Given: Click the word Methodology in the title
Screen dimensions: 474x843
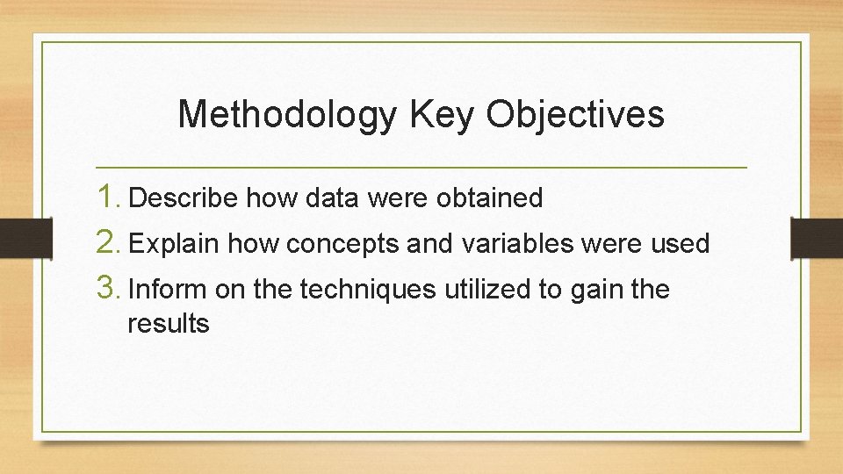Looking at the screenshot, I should [286, 115].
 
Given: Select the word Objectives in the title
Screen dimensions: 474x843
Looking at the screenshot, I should [577, 115].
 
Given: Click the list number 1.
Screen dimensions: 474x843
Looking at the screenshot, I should [109, 197].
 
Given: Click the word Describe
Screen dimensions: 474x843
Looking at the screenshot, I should [183, 199].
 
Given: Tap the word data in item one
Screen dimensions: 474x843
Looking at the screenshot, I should [332, 199].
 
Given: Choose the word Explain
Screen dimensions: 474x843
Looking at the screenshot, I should [174, 244].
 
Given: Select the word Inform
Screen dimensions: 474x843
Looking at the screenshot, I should [167, 290].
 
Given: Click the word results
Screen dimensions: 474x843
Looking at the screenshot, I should [169, 324].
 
